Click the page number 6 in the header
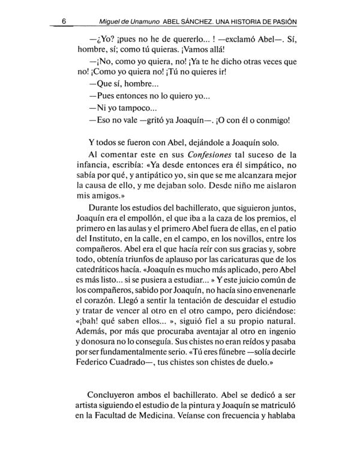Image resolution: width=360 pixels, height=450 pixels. (x=71, y=22)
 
